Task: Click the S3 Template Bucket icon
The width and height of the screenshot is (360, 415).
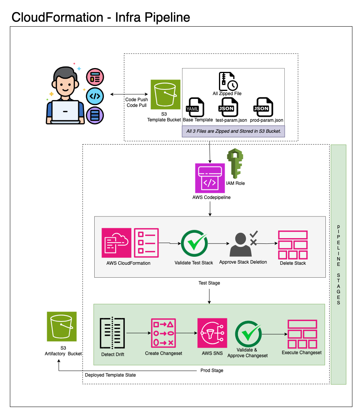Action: [x=165, y=94]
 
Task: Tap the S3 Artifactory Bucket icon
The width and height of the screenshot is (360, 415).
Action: [x=62, y=326]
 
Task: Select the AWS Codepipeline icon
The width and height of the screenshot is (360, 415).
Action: [x=210, y=178]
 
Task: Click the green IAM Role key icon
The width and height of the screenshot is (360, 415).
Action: [x=235, y=164]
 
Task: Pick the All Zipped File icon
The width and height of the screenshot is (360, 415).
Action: [x=228, y=81]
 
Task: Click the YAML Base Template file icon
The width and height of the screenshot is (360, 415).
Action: [x=195, y=107]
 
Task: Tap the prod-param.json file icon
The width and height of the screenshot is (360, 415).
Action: [x=263, y=107]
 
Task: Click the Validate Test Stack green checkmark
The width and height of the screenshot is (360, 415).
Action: [x=194, y=244]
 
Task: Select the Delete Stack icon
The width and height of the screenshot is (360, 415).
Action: [x=293, y=245]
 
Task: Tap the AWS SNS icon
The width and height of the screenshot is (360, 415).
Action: [x=212, y=333]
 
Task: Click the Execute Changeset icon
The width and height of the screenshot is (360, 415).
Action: [x=302, y=334]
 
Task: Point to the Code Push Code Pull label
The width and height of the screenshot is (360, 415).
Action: [x=136, y=102]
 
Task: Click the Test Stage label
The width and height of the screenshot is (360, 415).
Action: [x=209, y=283]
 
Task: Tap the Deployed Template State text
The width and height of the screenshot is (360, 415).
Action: [x=110, y=375]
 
